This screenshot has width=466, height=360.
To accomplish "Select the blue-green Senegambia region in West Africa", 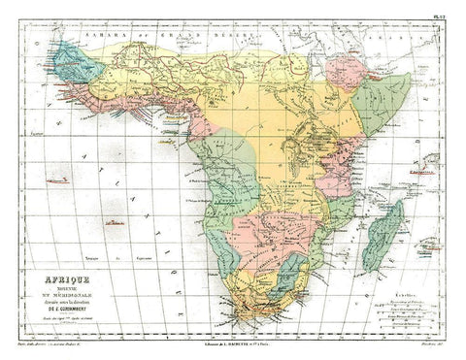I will [x=72, y=63].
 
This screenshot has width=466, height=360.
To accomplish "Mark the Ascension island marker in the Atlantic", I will [x=60, y=180].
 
